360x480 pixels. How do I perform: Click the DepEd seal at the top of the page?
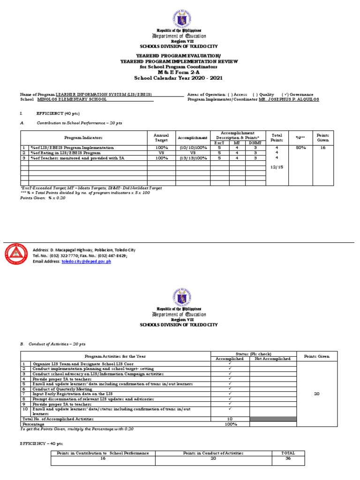pos(180,15)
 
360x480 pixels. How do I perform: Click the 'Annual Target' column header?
pos(161,137)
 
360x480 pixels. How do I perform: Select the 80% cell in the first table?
pos(298,147)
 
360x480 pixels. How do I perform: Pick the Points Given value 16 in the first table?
pos(322,147)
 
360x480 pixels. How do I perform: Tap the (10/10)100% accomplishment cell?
pos(192,147)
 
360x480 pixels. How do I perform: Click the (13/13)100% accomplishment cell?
pos(192,158)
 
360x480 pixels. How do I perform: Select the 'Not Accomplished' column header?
pos(273,359)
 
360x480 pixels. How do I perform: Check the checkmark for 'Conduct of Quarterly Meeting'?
pos(230,389)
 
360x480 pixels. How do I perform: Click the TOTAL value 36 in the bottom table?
pos(288,458)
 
